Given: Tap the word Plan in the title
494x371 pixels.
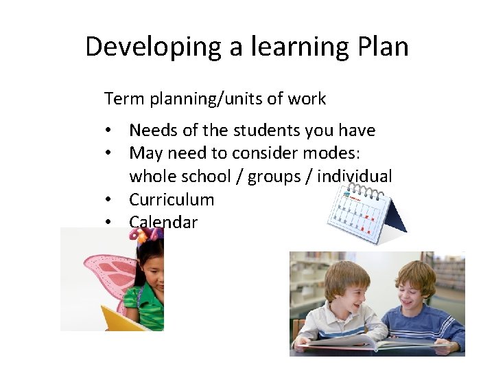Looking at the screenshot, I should pos(383,47).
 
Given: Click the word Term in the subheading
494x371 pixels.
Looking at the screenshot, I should pos(121,99).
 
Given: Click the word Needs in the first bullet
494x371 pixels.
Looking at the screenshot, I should pos(152,130).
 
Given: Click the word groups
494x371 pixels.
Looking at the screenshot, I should pos(274,176).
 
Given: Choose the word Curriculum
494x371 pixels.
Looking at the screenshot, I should pos(172,199).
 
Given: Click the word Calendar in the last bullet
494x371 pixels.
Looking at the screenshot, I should pos(163,222).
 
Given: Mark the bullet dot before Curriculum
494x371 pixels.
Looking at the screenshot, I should pos(108,200).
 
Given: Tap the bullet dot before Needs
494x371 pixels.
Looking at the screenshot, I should pos(108,131).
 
